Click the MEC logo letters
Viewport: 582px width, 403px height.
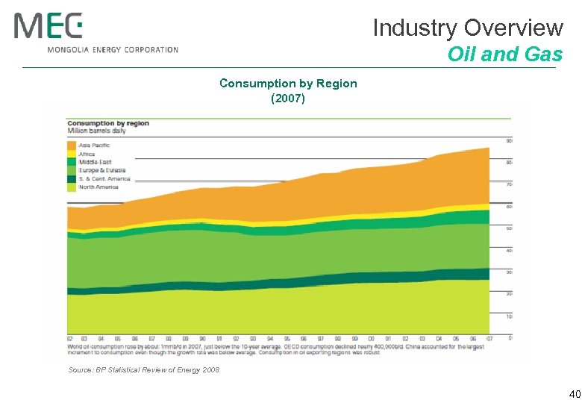point(48,26)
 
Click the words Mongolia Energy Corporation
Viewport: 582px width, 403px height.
point(113,50)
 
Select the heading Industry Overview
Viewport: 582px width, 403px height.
point(467,28)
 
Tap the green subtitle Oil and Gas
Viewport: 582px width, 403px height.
point(504,54)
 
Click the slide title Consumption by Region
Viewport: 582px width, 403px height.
point(288,84)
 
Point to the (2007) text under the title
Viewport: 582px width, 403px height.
point(288,98)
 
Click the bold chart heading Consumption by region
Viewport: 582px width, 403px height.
point(109,123)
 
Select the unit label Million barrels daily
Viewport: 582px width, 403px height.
point(97,131)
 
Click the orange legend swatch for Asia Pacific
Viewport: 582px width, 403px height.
point(72,145)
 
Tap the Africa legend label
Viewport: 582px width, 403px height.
point(87,154)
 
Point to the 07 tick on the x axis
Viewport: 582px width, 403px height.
point(489,338)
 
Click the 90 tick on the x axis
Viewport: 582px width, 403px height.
point(202,338)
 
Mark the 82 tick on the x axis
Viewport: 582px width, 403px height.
point(69,338)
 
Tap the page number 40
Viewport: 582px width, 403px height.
point(573,393)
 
